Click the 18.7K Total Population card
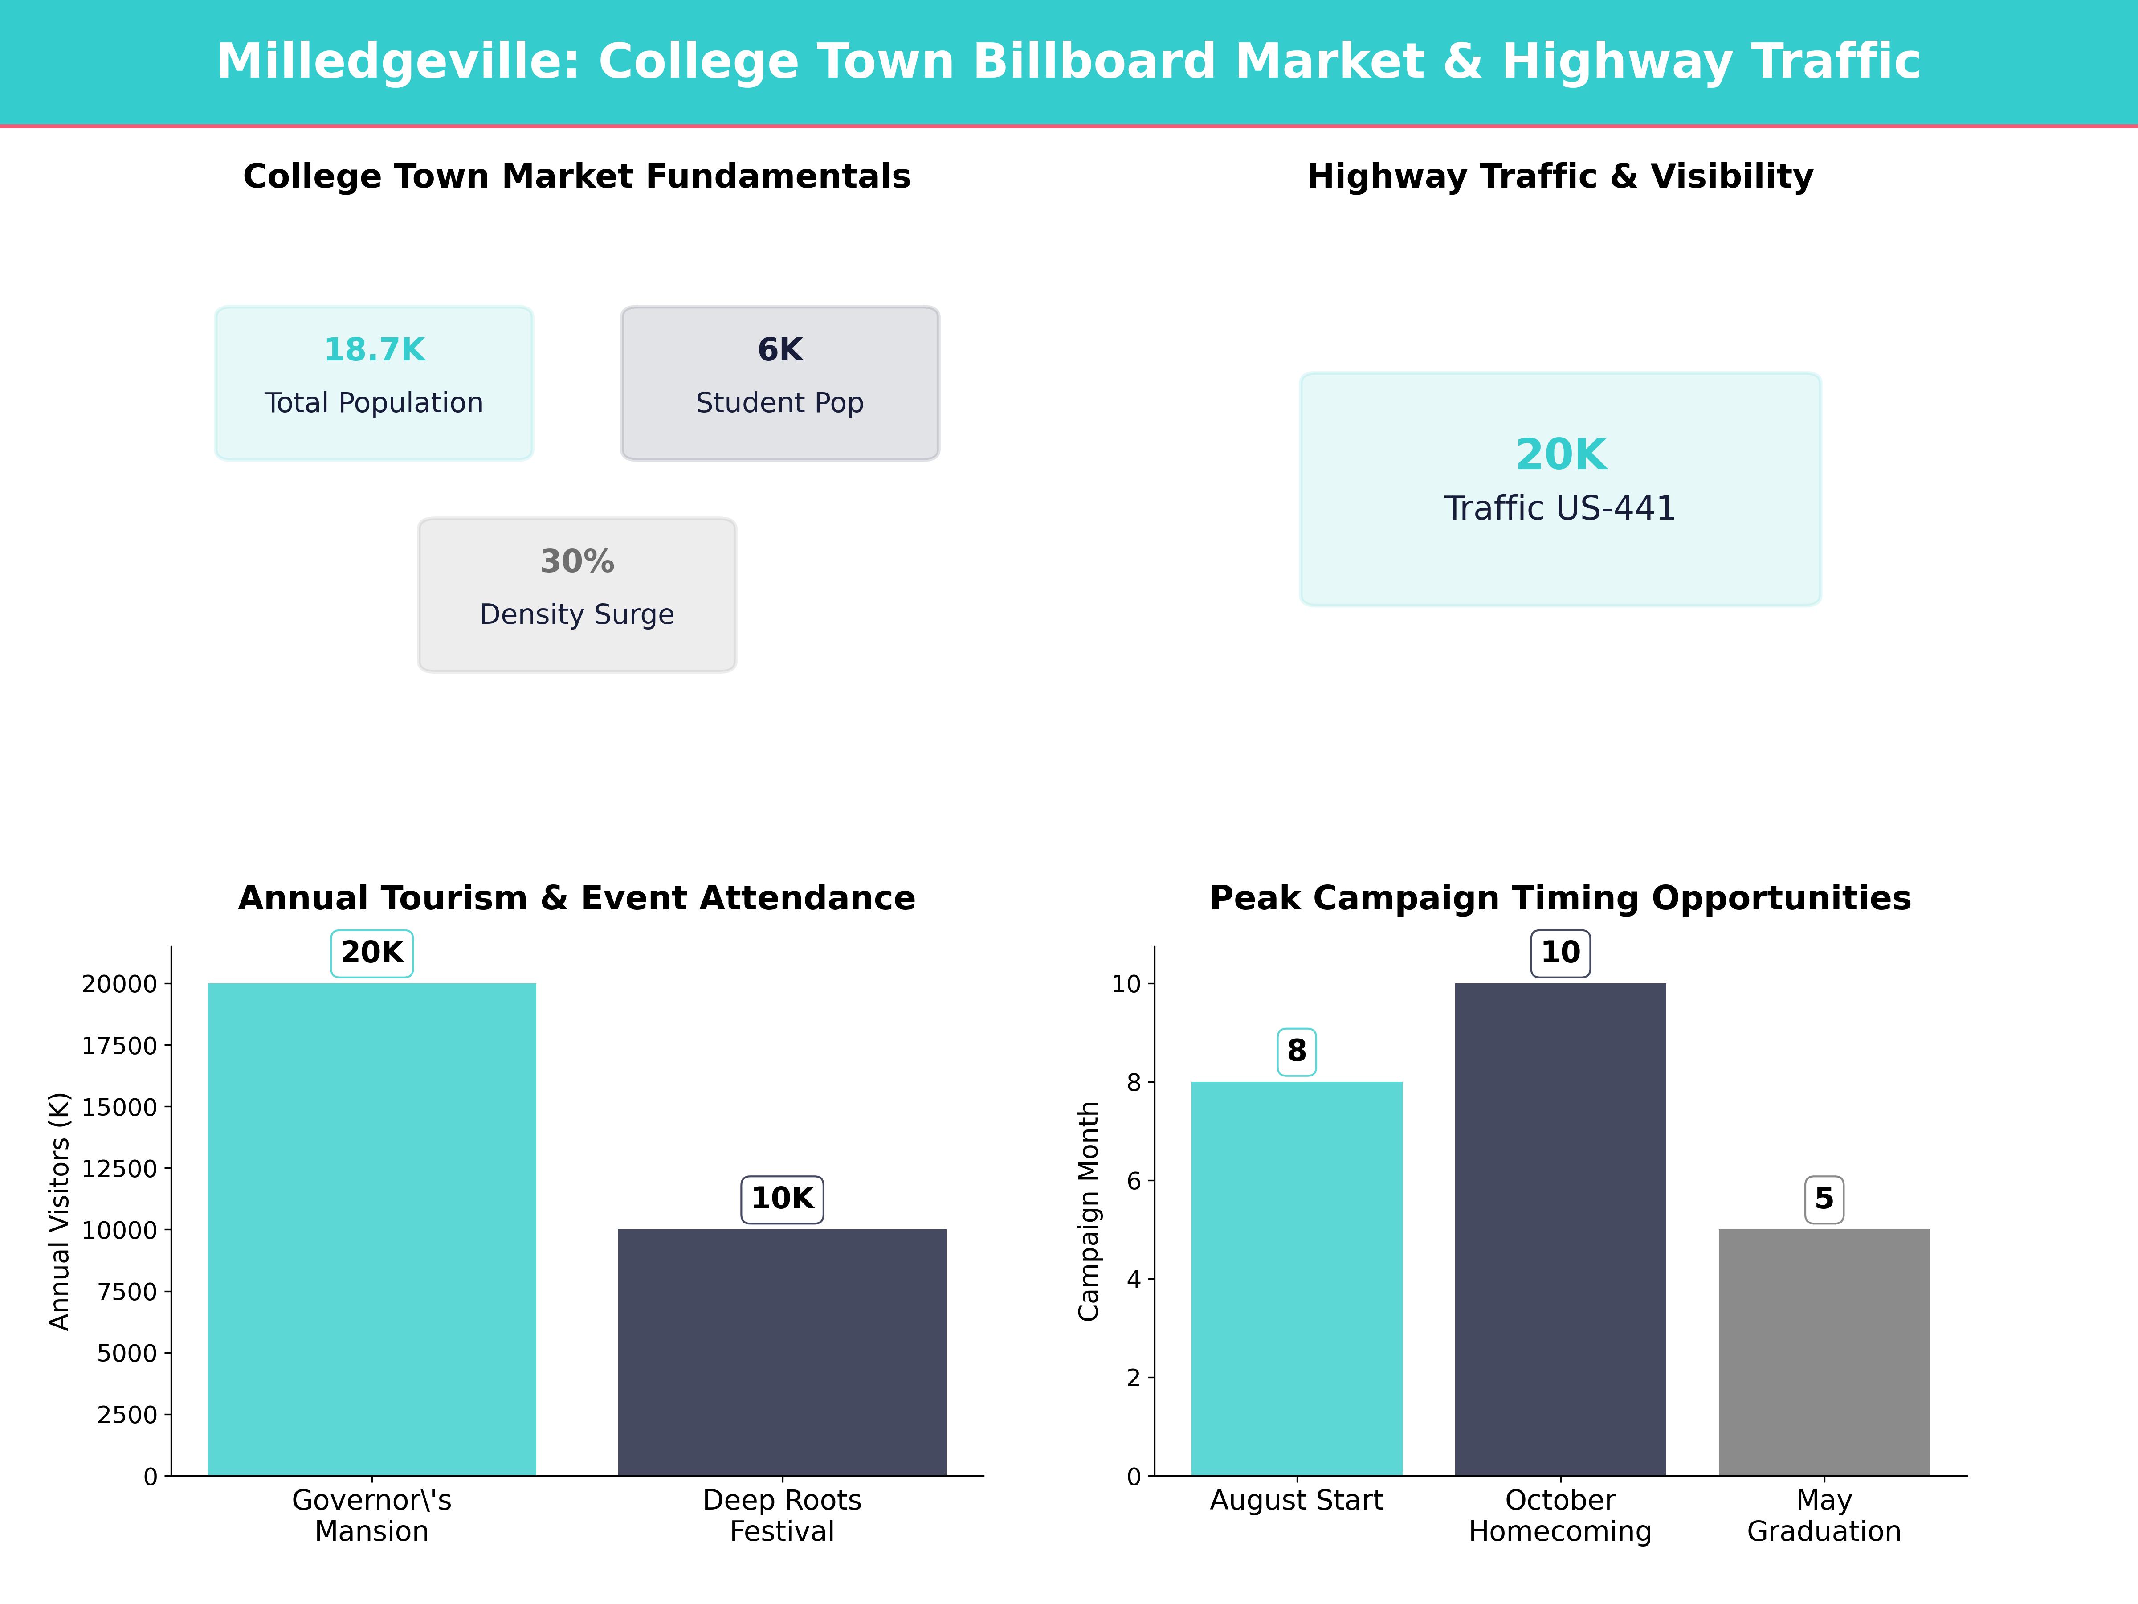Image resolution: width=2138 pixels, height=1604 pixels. pyautogui.click(x=374, y=383)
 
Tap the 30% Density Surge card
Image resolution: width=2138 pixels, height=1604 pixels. pyautogui.click(x=577, y=595)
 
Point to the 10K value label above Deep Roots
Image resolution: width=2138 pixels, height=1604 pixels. pyautogui.click(x=782, y=1199)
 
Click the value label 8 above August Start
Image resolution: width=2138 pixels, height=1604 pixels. pyautogui.click(x=1296, y=1051)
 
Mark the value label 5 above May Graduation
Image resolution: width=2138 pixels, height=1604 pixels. pyautogui.click(x=1824, y=1199)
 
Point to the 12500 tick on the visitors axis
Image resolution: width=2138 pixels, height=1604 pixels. pyautogui.click(x=119, y=1169)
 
